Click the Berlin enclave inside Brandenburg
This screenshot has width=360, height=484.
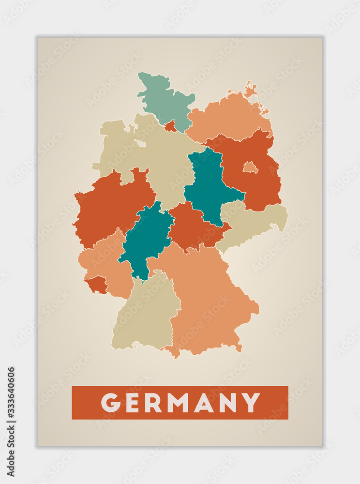[x=250, y=167]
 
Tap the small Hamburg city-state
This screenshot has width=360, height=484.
[x=170, y=127]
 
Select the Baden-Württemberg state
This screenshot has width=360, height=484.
[x=145, y=315]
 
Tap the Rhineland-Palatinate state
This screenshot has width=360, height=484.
[x=106, y=261]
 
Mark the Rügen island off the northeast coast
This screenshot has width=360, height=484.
[x=250, y=90]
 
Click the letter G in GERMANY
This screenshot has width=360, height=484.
[x=110, y=403]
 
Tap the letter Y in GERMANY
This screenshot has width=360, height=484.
[x=251, y=403]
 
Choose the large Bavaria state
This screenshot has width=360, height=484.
[x=208, y=300]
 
